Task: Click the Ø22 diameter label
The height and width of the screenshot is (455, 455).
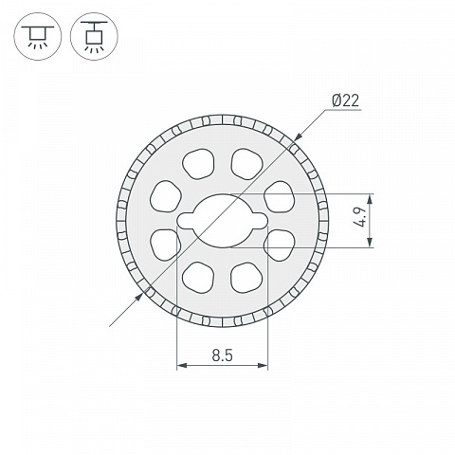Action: (x=346, y=101)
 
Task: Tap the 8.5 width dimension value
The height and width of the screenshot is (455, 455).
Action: (x=223, y=355)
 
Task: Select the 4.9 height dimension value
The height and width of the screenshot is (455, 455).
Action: (x=360, y=216)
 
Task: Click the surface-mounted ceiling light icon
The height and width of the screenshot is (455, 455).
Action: (x=38, y=36)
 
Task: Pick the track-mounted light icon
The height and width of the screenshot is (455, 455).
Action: (x=94, y=36)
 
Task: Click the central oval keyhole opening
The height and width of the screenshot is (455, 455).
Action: (x=223, y=221)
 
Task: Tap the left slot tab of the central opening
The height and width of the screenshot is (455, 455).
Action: (x=186, y=221)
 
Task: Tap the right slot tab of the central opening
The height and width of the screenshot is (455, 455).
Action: (x=259, y=221)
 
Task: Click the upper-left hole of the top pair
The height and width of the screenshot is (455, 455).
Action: (x=198, y=164)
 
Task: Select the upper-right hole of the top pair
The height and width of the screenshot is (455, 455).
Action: (x=246, y=164)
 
